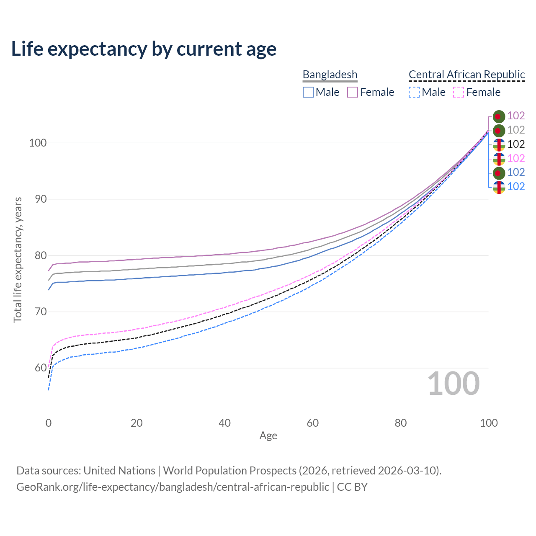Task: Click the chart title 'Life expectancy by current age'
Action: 144,49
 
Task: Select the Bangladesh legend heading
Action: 330,75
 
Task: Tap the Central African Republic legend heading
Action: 466,75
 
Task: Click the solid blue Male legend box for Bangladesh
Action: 308,92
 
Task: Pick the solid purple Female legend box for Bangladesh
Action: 353,92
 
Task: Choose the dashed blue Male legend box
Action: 414,92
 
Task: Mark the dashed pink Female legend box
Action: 459,92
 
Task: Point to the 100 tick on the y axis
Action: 37,143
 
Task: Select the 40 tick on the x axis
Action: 224,423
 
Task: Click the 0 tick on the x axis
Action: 49,423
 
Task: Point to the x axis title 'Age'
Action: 268,436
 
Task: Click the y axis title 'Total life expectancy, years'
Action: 18,260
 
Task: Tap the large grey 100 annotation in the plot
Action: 454,384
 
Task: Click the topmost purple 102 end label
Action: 516,116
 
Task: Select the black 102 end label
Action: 516,144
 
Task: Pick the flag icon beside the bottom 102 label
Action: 499,187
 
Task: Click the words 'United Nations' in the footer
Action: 119,471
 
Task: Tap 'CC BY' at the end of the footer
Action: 352,487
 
